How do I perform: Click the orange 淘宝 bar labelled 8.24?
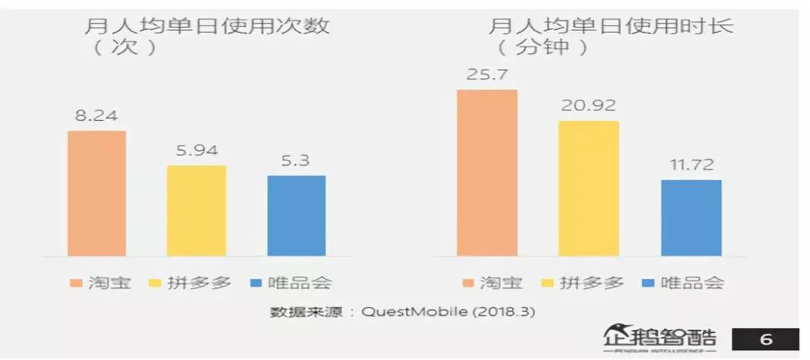point(97,193)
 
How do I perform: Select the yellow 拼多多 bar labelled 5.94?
point(196,211)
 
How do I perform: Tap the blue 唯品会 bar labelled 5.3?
point(296,216)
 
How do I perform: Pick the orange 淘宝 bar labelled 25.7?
point(487,172)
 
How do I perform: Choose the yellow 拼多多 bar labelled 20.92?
point(589,188)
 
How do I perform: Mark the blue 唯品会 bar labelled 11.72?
point(691,217)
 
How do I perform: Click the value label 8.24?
point(97,116)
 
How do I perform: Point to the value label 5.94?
point(196,151)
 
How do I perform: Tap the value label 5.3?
point(296,160)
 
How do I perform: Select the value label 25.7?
point(487,75)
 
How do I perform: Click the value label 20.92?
point(589,106)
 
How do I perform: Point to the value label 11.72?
point(691,165)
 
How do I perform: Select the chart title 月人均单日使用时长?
point(610,28)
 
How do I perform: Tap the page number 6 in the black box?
point(766,340)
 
